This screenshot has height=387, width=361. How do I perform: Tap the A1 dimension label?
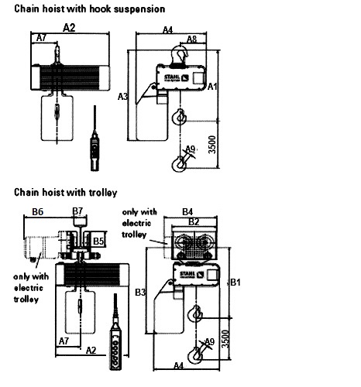pyautogui.click(x=212, y=87)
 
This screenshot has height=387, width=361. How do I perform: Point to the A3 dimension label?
pyautogui.click(x=122, y=97)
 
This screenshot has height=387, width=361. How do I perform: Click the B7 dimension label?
pyautogui.click(x=77, y=211)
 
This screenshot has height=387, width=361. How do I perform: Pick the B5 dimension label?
pyautogui.click(x=98, y=241)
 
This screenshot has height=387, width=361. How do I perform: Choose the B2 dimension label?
pyautogui.click(x=195, y=221)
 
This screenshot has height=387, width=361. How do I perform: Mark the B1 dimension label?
pyautogui.click(x=236, y=283)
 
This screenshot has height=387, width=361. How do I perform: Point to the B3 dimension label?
pyautogui.click(x=140, y=292)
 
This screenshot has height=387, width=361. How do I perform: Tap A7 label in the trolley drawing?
pyautogui.click(x=65, y=340)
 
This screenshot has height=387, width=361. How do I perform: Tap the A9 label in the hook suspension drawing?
pyautogui.click(x=190, y=149)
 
